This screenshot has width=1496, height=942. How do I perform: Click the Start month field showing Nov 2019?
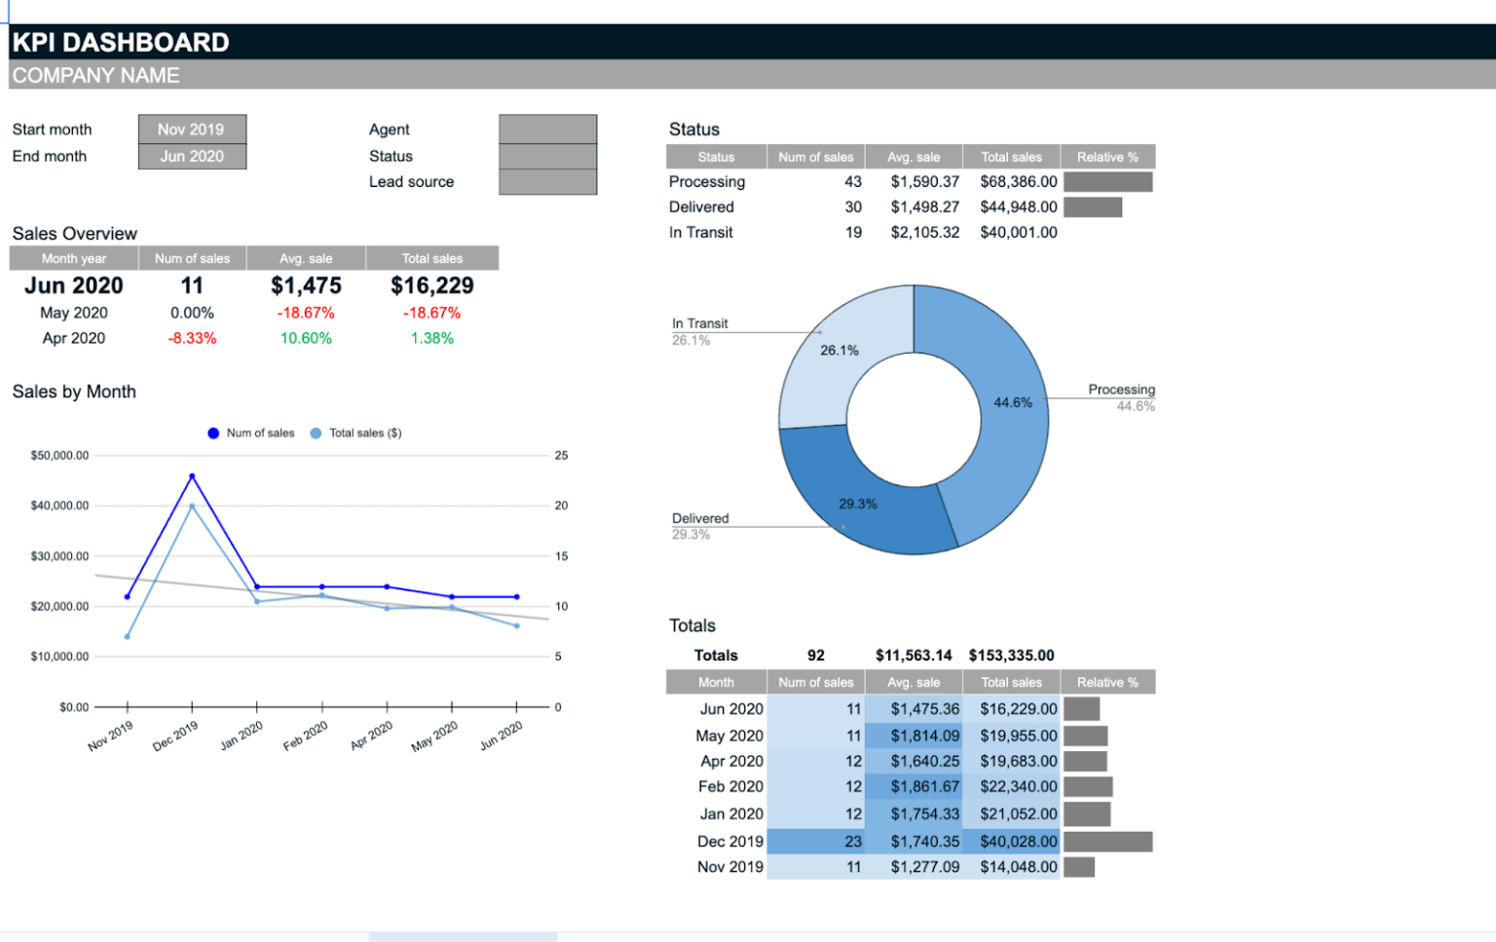(191, 130)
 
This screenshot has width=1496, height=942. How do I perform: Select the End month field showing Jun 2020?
(191, 156)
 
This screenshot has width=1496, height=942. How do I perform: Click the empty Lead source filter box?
(547, 182)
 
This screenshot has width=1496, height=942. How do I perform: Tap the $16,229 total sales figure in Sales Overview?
(431, 285)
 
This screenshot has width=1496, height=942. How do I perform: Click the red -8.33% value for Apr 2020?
(192, 338)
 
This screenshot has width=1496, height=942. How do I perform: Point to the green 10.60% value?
(306, 338)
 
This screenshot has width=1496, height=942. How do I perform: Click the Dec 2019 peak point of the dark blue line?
(192, 476)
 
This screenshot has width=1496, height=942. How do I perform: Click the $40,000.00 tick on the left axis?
(59, 506)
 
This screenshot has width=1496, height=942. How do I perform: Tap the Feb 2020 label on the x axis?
(306, 736)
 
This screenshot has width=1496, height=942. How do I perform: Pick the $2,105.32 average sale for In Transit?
(924, 233)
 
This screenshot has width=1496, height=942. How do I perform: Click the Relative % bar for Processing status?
(1107, 182)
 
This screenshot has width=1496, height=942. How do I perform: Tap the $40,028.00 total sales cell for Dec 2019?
(1018, 842)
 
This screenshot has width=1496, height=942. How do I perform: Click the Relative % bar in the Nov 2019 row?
(1079, 867)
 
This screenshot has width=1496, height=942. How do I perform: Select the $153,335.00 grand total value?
(1011, 656)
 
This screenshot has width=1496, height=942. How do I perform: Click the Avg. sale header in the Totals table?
(914, 683)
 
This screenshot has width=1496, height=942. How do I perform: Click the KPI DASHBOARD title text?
(121, 43)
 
